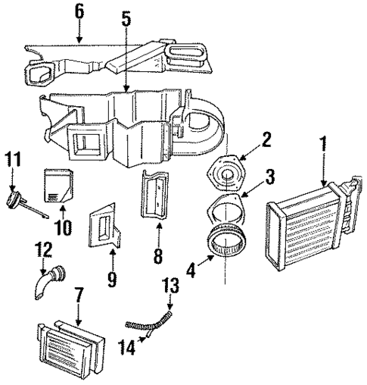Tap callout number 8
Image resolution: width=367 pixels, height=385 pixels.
tap(158, 255)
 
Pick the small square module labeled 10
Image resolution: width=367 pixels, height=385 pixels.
tap(59, 185)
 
